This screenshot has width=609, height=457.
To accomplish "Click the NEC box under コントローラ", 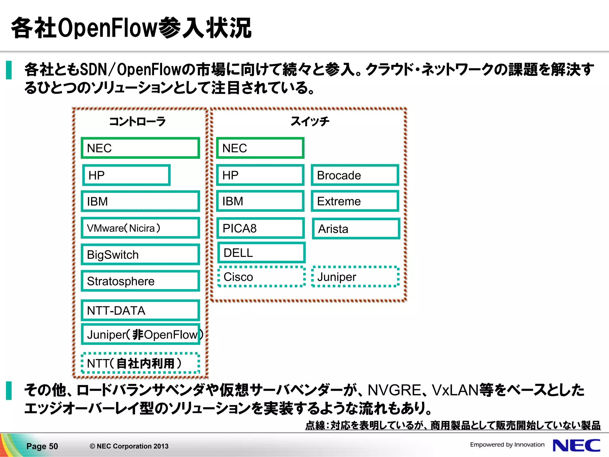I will point(140,148).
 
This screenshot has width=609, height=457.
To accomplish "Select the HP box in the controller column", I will point(126,175).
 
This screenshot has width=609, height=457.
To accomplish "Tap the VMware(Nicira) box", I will point(140,228).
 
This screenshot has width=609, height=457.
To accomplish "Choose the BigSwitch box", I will point(140,255).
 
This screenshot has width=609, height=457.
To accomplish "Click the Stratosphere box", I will point(140,281).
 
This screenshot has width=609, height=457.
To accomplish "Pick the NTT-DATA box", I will point(140,311).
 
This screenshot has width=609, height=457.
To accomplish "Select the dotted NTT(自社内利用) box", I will point(140,363).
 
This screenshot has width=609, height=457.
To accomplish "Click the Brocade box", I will point(355,175).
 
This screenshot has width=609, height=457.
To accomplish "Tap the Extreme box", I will point(355,201).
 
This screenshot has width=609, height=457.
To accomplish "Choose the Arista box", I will point(356,229).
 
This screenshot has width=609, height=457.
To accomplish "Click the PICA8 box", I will point(260,228).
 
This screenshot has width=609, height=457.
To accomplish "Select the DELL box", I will point(261,253).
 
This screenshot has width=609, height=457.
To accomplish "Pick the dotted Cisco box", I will point(261,277).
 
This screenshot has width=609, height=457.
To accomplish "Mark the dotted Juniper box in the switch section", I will point(355,277).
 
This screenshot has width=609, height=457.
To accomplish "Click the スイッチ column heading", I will point(310,121).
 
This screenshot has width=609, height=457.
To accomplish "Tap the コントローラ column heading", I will point(137,121).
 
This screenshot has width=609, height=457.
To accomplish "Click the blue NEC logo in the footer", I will point(576,445).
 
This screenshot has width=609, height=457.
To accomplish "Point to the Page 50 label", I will point(42,446).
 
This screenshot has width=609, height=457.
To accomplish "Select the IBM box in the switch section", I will point(260,201).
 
